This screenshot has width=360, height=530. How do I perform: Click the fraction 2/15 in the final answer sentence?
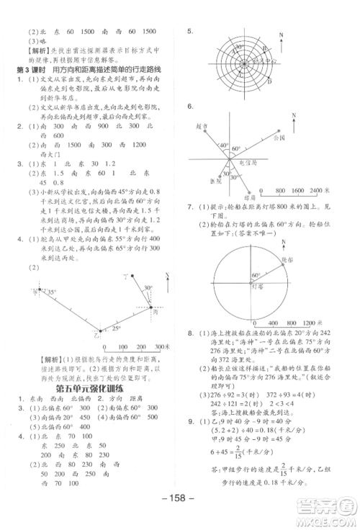pyautogui.click(x=280, y=468)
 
